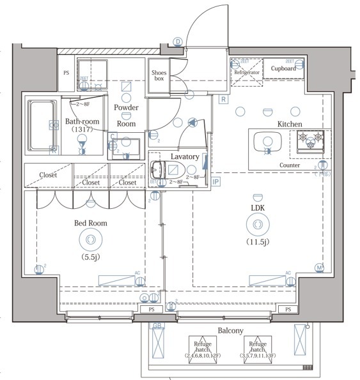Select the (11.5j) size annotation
[x=257, y=241]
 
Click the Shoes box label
[x=159, y=76]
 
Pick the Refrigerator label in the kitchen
[x=247, y=73]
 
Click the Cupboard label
[x=283, y=68]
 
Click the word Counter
[x=290, y=165]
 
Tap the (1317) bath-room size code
[x=81, y=128]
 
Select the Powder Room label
[x=126, y=115]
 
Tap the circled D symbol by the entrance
[x=177, y=42]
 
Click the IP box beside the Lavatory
[x=215, y=182]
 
